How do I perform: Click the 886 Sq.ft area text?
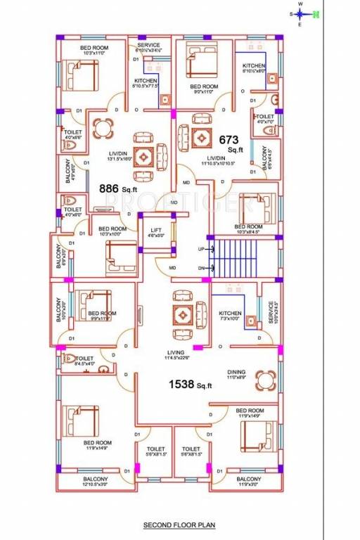pos(118,188)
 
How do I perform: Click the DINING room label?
pos(236,373)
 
